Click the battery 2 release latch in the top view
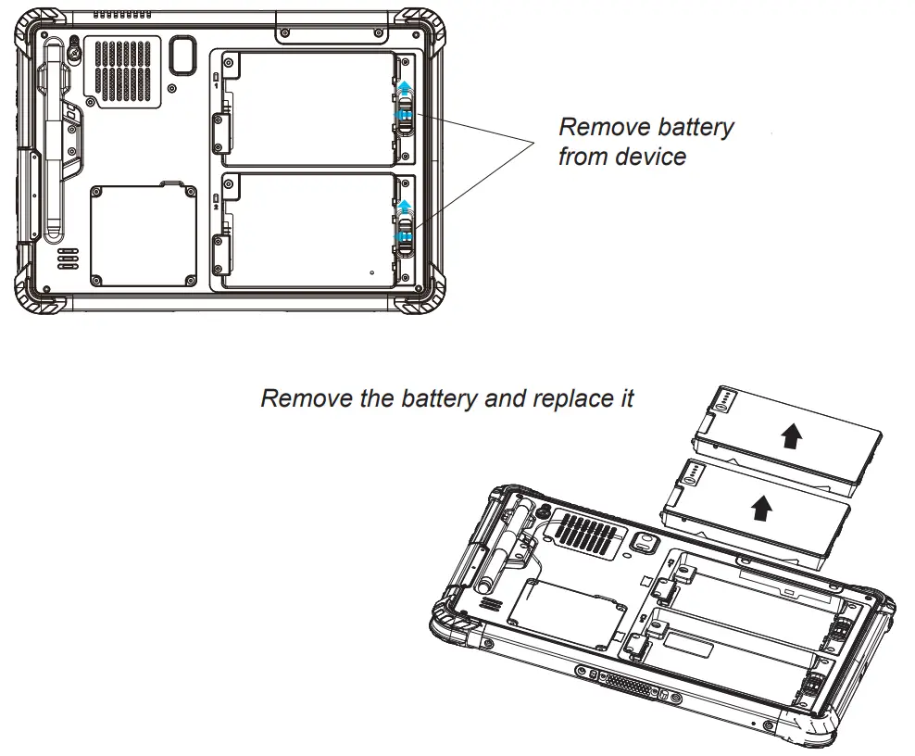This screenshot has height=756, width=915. tap(404, 227)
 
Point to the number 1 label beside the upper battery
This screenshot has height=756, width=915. tap(217, 85)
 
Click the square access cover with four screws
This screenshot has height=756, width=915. tap(144, 235)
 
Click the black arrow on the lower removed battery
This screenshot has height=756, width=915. tap(760, 506)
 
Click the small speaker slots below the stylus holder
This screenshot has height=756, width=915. tap(68, 258)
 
